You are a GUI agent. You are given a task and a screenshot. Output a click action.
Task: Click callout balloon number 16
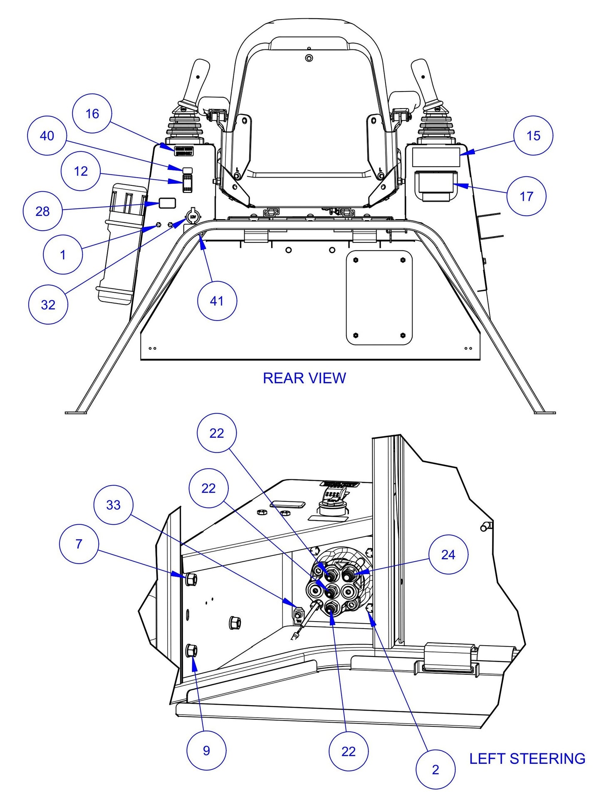pos(92,114)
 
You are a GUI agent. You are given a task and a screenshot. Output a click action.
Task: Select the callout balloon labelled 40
pos(47,136)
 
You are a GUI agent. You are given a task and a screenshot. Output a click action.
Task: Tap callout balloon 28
pos(42,211)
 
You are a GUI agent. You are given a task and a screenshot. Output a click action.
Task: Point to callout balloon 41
pos(217,301)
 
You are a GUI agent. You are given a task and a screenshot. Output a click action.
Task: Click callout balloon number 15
pos(533,136)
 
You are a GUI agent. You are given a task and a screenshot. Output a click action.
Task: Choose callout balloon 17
pos(526,196)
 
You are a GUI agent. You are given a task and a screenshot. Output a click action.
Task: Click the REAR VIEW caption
pos(304,378)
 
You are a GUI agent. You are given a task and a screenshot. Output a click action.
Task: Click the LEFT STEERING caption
pos(527,759)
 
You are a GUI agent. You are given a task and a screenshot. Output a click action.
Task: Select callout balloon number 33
pos(113,505)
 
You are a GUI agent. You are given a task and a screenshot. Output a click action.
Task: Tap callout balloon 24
pos(448,555)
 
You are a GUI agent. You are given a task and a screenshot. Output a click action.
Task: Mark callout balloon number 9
pos(206,750)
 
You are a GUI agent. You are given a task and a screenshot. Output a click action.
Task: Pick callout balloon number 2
pos(435,770)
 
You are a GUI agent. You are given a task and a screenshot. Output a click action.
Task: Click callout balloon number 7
pos(79,544)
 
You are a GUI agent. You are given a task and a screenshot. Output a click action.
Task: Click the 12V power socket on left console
pos(193,217)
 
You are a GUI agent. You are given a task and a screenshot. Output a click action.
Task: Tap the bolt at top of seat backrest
pos(309,57)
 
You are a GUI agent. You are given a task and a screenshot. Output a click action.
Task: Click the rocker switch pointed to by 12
pos(187,183)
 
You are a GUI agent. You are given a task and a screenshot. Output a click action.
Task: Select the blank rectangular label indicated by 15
pos(436,157)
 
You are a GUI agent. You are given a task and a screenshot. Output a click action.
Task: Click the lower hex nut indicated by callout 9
pos(193,650)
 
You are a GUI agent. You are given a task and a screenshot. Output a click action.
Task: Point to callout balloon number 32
pos(48,305)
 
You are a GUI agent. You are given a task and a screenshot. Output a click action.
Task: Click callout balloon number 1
pos(63,254)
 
